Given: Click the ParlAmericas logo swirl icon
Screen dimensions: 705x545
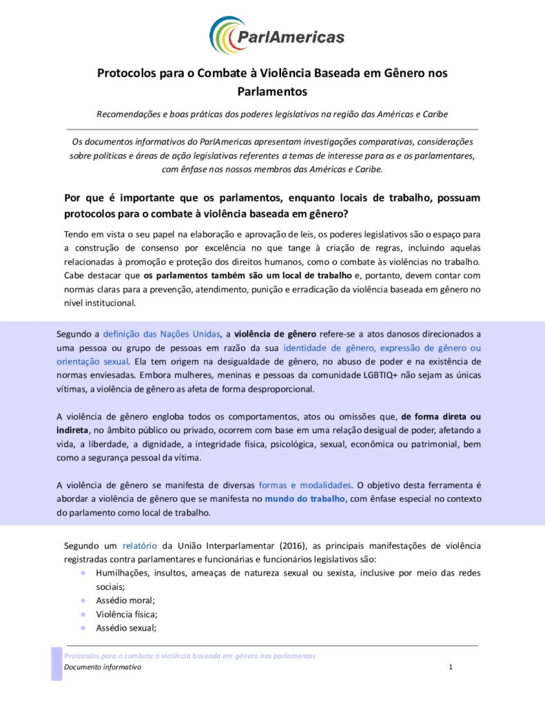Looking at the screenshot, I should (x=223, y=35).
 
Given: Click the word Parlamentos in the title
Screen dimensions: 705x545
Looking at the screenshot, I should (x=272, y=90).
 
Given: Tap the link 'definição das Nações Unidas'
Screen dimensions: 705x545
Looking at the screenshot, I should (x=161, y=334).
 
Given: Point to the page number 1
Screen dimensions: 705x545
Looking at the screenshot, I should (x=451, y=667).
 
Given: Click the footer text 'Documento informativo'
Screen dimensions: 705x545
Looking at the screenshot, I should (x=103, y=667).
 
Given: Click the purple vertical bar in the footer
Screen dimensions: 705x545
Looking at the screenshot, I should (x=56, y=663).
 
